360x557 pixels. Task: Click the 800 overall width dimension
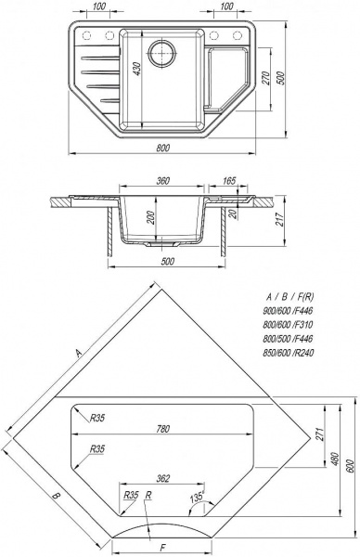tap(162, 148)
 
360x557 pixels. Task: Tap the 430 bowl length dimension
tap(137, 69)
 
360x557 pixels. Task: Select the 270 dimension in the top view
tap(265, 79)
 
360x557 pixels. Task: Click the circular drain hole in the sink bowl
tap(161, 54)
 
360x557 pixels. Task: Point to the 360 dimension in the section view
tap(162, 181)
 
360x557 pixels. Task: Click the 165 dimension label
tap(229, 181)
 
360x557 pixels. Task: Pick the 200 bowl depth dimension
tap(150, 218)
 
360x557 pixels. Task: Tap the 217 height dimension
tap(280, 220)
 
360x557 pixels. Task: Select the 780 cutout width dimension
tap(162, 429)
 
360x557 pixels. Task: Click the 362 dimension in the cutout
tap(162, 478)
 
